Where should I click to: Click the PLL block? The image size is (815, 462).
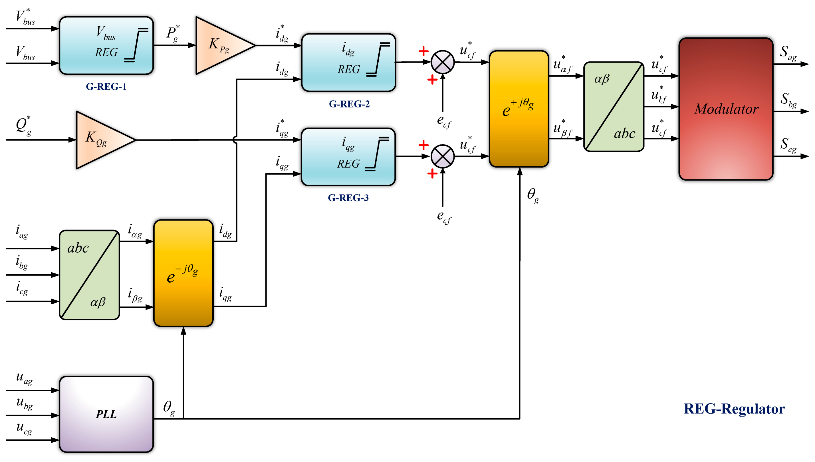[106, 414]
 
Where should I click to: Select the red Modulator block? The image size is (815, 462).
[725, 109]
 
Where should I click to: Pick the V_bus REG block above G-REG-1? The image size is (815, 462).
[106, 45]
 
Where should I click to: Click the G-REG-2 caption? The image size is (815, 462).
[349, 104]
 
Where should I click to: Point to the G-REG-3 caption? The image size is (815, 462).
[348, 198]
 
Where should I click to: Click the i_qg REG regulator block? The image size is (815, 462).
[348, 157]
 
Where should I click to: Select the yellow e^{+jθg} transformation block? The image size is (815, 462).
[519, 109]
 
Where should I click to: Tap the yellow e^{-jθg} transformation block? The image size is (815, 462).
[183, 273]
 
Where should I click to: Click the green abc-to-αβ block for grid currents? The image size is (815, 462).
[89, 275]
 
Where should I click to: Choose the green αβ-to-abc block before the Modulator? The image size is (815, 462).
[613, 107]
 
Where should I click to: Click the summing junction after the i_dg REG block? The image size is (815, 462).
[442, 62]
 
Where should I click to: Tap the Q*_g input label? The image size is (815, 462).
[23, 125]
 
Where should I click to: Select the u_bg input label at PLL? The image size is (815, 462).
[24, 403]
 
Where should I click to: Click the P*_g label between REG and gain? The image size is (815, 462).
[173, 34]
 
